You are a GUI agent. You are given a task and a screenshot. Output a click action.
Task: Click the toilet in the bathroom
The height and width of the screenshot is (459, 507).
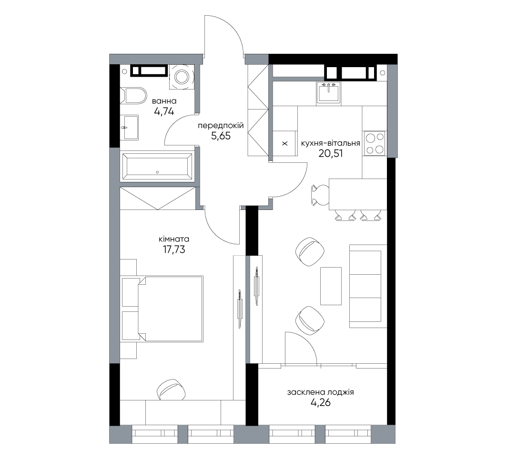tap(133, 95)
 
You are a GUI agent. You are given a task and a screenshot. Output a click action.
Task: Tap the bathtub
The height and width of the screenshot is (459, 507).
tap(157, 167)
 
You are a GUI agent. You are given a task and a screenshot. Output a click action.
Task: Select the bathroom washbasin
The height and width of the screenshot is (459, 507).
tap(129, 128)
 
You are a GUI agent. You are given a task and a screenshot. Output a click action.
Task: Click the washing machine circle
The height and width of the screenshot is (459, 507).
tap(182, 77)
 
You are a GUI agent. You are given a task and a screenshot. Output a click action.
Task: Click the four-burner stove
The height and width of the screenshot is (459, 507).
tap(375, 143)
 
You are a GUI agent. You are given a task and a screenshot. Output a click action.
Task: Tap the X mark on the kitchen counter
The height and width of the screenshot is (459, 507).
tap(285, 143)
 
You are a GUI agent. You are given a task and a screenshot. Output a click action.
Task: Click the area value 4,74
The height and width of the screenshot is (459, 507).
tap(164, 112)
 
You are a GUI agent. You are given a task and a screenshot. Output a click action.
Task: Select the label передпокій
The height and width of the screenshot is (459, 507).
tap(221, 126)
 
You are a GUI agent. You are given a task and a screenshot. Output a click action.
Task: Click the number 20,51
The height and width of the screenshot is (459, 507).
tap(331, 153)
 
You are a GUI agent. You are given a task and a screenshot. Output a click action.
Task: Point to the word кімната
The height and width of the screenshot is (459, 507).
tap(174, 239)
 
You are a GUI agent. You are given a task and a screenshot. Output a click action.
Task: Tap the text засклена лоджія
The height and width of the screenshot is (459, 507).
tap(320, 392)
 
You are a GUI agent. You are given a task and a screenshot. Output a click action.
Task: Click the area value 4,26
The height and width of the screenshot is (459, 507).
tap(320, 403)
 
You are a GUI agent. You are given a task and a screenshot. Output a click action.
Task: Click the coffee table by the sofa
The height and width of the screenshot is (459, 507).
tap(331, 286)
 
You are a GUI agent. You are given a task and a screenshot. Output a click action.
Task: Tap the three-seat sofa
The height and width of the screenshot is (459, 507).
tap(368, 286)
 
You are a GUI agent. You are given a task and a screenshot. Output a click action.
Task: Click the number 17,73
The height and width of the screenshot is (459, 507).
tap(174, 249)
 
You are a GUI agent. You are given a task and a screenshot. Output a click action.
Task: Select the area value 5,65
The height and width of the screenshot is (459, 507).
tap(221, 136)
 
